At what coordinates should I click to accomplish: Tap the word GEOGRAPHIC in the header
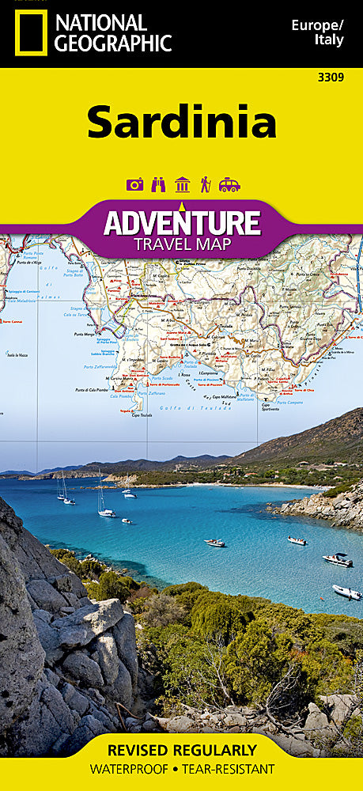[x=112, y=44]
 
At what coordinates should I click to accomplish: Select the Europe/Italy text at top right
[x=317, y=32]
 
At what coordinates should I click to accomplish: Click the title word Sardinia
[x=181, y=122]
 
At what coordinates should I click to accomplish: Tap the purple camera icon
[x=135, y=184]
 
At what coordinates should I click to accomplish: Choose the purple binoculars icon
[x=158, y=184]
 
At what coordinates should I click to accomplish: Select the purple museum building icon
[x=182, y=184]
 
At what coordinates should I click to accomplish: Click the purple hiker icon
[x=205, y=184]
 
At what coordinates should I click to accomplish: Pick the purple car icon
[x=229, y=184]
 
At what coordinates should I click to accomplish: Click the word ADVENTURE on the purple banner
[x=182, y=223]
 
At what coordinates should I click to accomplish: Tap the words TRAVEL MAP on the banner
[x=182, y=244]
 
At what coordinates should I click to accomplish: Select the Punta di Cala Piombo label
[x=95, y=390]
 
